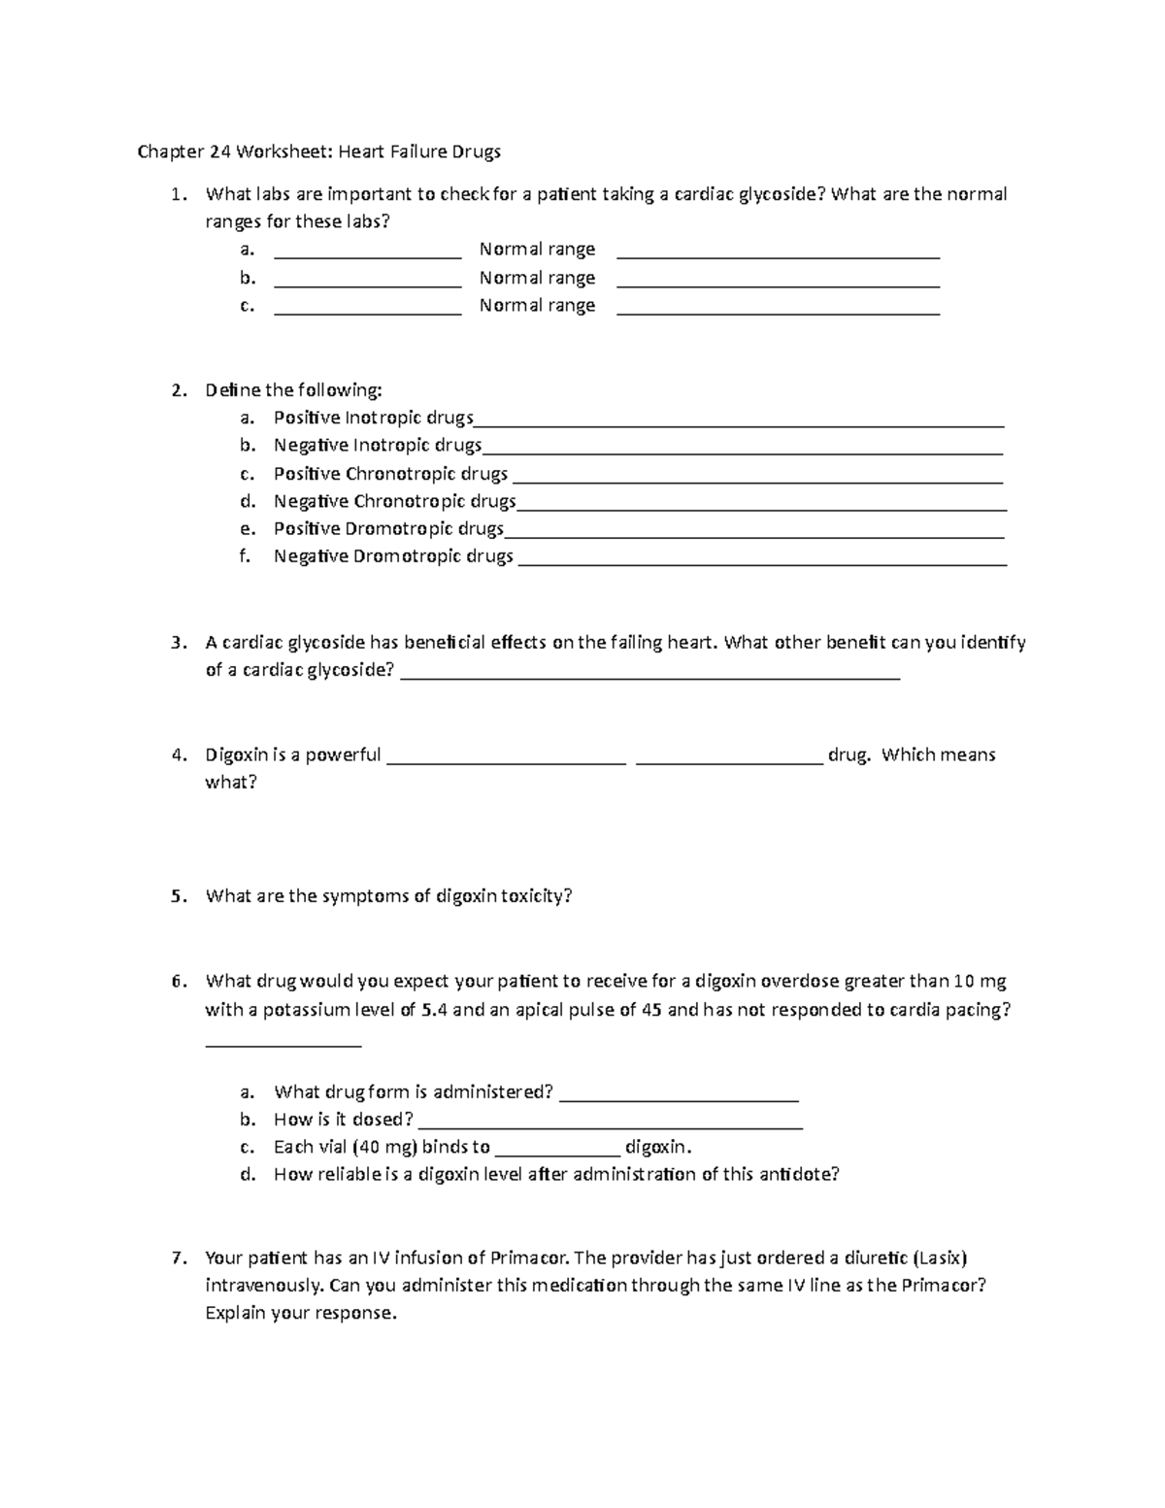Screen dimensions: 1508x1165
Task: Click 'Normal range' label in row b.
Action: pyautogui.click(x=537, y=278)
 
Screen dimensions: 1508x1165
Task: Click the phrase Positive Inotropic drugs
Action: pyautogui.click(x=373, y=418)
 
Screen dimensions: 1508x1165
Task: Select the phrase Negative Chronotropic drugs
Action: pyautogui.click(x=394, y=501)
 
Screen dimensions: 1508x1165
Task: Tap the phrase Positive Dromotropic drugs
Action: pyautogui.click(x=388, y=529)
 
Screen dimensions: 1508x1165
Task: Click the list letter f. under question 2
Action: pyautogui.click(x=246, y=556)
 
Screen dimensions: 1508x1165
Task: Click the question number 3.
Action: pyautogui.click(x=177, y=643)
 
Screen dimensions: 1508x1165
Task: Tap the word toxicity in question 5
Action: pyautogui.click(x=536, y=896)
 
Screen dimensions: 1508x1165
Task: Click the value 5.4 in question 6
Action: pyautogui.click(x=434, y=1010)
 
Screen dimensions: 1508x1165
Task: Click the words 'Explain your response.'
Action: pyautogui.click(x=301, y=1314)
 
